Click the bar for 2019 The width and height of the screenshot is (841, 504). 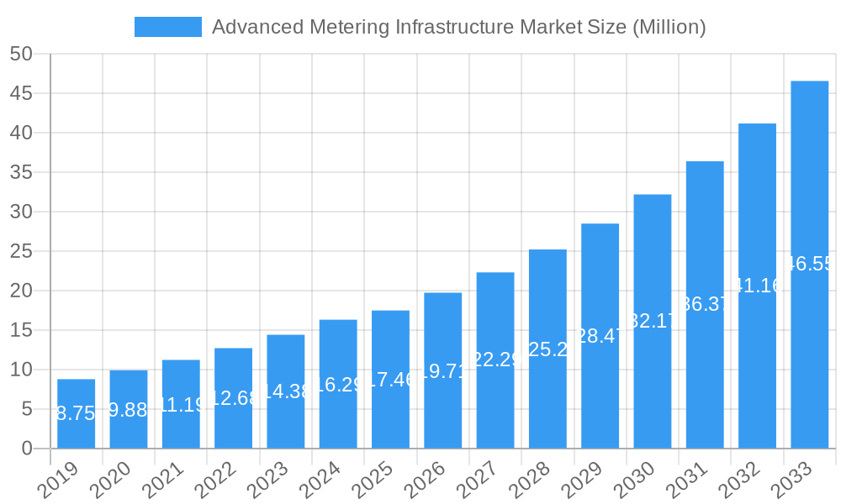[x=76, y=413]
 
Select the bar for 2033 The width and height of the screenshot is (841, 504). [x=809, y=265]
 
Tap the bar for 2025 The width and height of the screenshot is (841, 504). [x=390, y=379]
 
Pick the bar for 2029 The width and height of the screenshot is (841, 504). [x=600, y=336]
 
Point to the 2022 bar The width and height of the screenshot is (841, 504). [x=233, y=398]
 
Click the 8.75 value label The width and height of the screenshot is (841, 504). [x=76, y=413]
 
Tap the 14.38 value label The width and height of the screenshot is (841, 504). [x=285, y=391]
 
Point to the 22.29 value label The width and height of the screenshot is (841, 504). [x=495, y=360]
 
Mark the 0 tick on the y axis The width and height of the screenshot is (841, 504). [x=27, y=449]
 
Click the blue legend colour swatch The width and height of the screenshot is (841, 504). [x=168, y=27]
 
